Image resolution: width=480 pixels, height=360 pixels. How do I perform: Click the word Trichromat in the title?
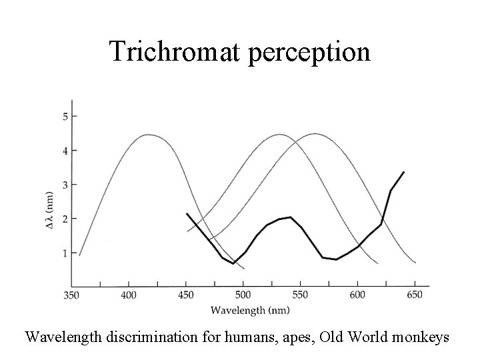[177, 51]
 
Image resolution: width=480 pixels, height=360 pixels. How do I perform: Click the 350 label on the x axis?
[72, 295]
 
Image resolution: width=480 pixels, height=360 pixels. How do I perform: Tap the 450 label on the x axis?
[186, 295]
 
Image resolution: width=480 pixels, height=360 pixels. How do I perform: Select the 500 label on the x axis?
[243, 295]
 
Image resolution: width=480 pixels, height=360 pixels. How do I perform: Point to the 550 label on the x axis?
[301, 295]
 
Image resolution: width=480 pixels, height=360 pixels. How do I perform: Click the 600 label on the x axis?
[358, 295]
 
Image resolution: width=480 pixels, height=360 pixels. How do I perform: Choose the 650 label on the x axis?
[415, 295]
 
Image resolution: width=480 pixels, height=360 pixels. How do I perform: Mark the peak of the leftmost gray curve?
[147, 135]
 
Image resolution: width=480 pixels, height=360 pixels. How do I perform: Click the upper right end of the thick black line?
[403, 172]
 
